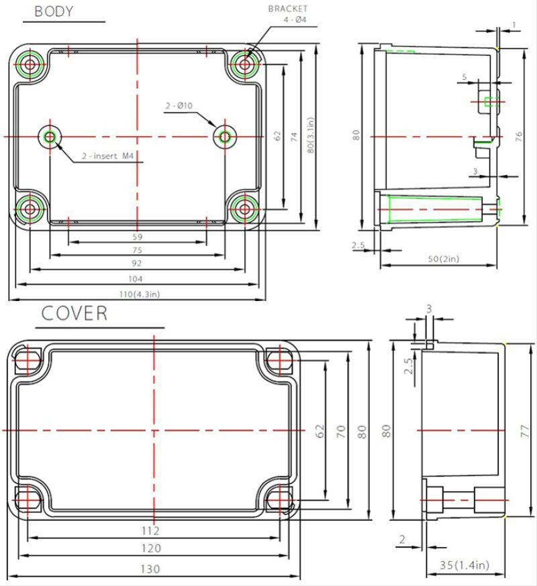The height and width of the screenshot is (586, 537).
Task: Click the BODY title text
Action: (54, 11)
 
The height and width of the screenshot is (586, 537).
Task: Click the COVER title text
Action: (74, 313)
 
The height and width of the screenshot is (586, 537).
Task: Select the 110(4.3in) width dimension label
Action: (137, 294)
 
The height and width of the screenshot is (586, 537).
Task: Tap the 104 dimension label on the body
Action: (136, 278)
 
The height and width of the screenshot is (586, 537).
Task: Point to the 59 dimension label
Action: (137, 237)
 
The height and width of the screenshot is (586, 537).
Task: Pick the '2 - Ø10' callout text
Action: (179, 106)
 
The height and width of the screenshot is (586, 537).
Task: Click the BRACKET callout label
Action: (288, 9)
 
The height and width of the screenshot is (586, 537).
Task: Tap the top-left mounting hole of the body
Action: (30, 65)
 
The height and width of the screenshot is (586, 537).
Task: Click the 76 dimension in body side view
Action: (519, 136)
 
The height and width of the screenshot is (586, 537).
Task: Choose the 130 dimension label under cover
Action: (151, 569)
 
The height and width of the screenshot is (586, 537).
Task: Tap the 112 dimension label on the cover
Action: (151, 530)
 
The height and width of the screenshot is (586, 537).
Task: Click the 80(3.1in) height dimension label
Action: (309, 137)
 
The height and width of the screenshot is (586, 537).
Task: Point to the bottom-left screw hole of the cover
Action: (28, 500)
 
